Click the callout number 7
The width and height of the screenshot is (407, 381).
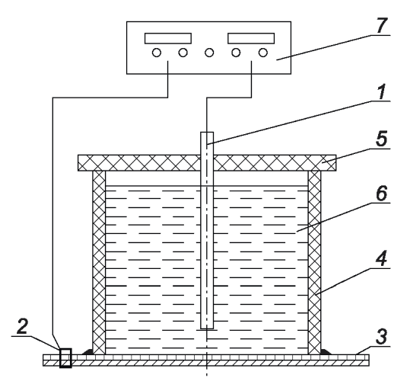click(x=381, y=25)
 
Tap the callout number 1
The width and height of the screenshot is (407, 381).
click(x=381, y=91)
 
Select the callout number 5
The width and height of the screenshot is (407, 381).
click(x=382, y=139)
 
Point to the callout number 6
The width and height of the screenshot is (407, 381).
click(x=382, y=193)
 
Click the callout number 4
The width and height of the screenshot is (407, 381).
click(x=382, y=258)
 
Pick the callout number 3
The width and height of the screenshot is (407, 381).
click(x=382, y=337)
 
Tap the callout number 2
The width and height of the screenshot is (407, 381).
click(x=22, y=326)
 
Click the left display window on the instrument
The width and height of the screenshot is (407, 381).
click(x=168, y=38)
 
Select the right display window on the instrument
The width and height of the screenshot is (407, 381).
click(x=251, y=38)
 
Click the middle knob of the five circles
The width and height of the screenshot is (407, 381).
click(x=209, y=53)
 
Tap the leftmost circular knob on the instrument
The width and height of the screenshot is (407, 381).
click(x=156, y=53)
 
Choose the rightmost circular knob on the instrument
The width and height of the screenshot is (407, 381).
click(x=263, y=53)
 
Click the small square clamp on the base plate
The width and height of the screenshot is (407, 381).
click(x=65, y=358)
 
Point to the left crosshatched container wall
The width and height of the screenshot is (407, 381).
click(x=99, y=262)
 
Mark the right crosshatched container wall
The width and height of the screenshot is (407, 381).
click(x=314, y=262)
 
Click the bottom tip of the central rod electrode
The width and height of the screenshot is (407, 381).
click(x=207, y=328)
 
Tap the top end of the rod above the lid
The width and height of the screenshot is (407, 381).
click(x=207, y=133)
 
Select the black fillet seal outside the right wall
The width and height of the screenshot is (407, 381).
click(x=326, y=352)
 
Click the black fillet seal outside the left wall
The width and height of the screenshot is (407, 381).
click(x=87, y=352)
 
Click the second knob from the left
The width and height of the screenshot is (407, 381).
click(x=183, y=53)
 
